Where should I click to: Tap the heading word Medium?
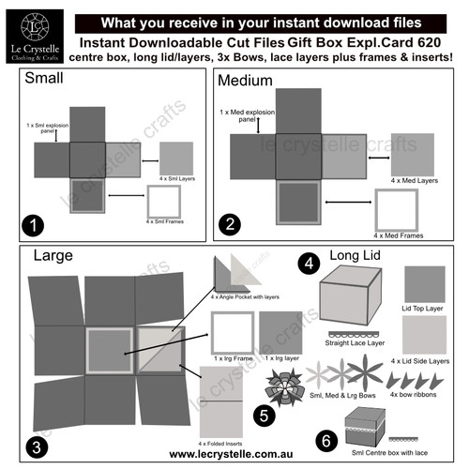click(x=246, y=82)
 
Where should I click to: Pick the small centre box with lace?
click(x=363, y=430)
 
